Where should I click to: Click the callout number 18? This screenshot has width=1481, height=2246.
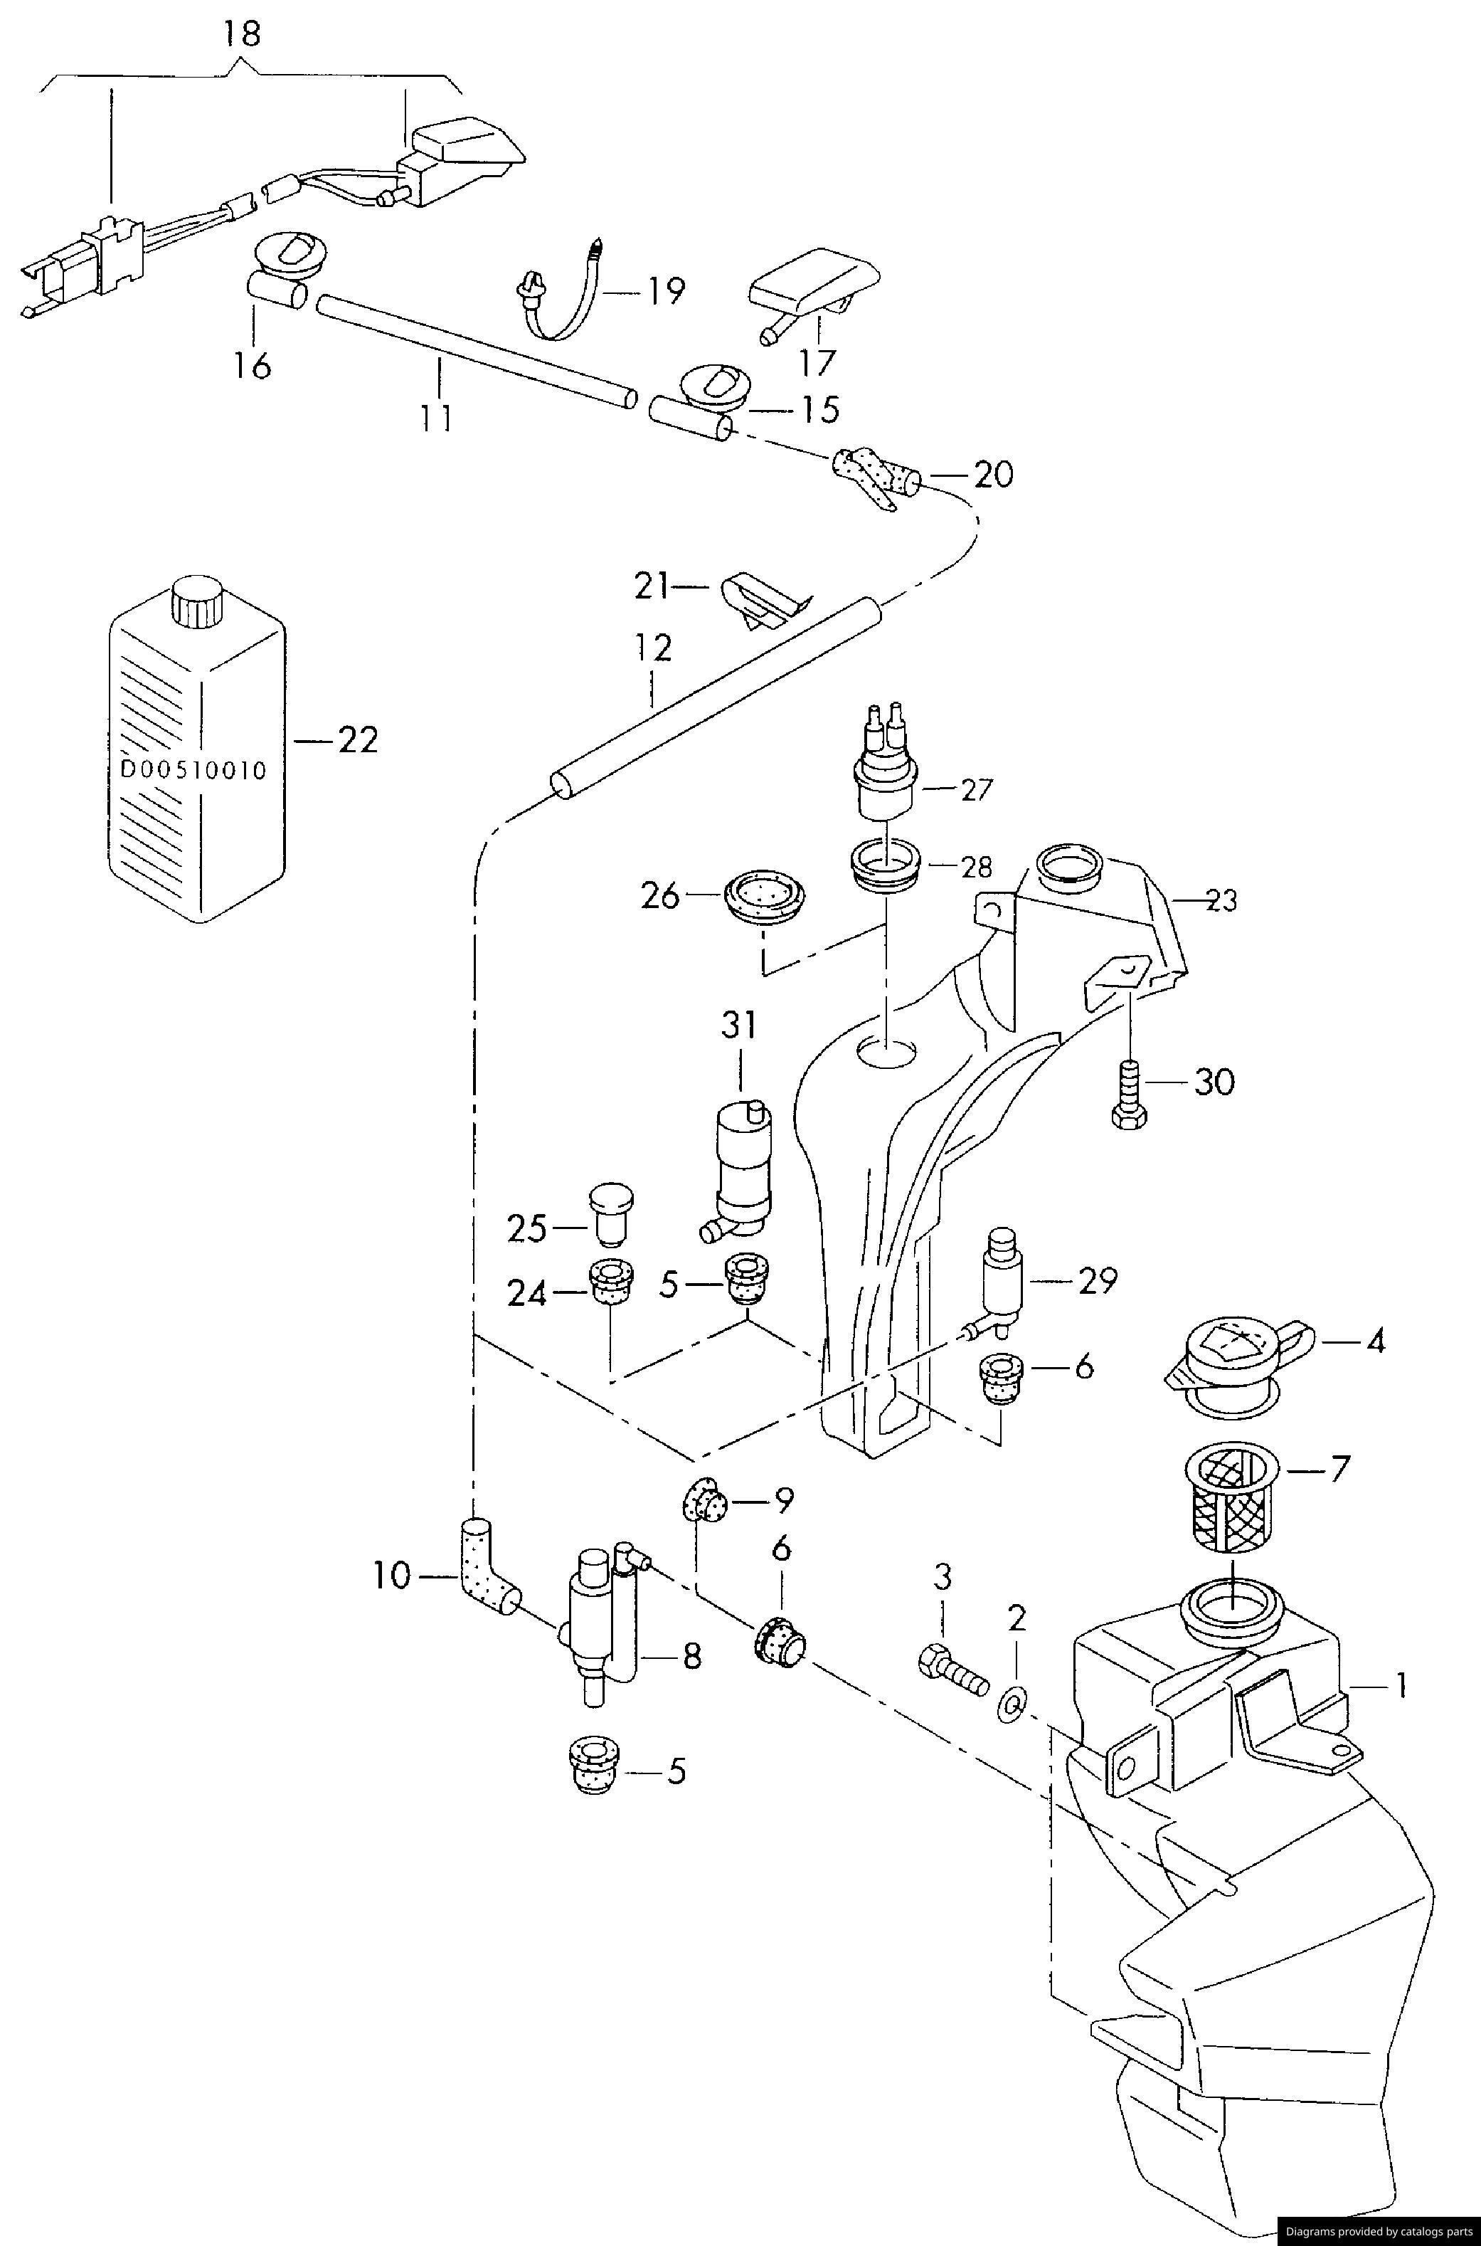(x=242, y=34)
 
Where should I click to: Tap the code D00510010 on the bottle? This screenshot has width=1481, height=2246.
(x=193, y=769)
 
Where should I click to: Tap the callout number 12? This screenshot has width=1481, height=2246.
(x=653, y=648)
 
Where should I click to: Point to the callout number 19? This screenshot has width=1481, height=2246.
(x=665, y=291)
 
